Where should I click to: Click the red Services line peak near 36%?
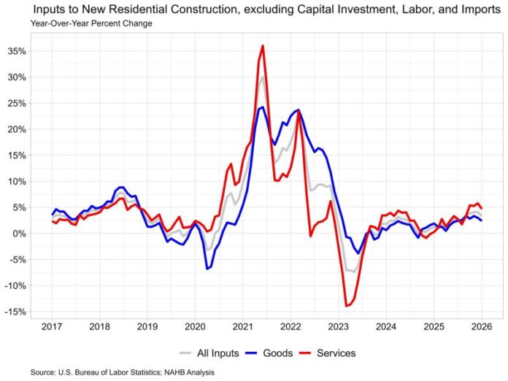pos(263,46)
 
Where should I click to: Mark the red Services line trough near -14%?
pos(347,306)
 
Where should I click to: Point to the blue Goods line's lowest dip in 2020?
pos(207,269)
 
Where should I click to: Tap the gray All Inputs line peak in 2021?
pos(262,77)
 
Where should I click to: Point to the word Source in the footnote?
pos(42,372)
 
